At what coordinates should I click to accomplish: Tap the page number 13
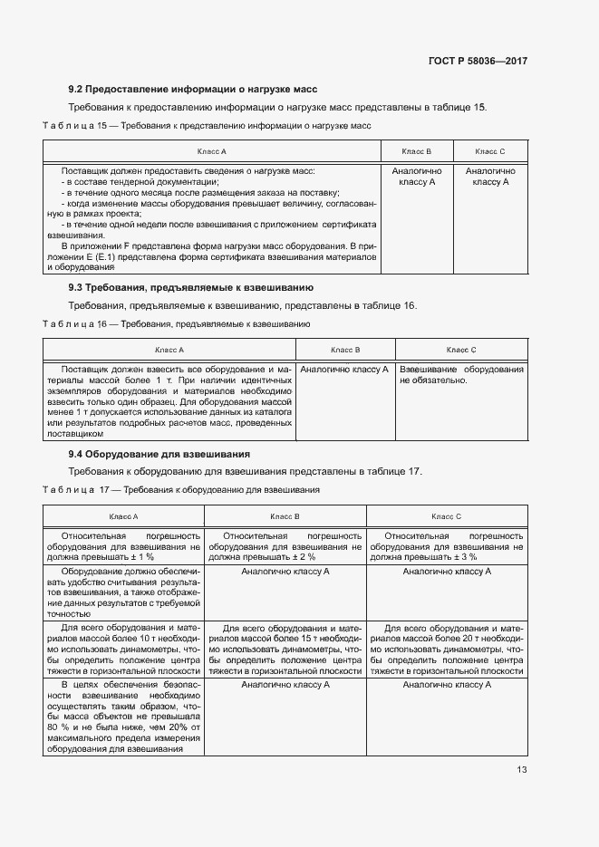[521, 770]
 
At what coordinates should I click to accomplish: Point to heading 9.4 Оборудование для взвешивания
[159, 453]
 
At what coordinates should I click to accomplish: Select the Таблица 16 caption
[177, 323]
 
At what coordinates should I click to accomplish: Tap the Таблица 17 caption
[181, 490]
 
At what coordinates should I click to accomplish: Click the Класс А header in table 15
[211, 151]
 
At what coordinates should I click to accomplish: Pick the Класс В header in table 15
[416, 151]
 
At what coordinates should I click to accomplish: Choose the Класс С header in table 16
[461, 350]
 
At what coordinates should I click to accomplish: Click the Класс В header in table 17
[285, 516]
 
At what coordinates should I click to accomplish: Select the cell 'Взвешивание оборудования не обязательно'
[461, 375]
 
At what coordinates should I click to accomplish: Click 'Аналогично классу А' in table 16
[344, 370]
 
